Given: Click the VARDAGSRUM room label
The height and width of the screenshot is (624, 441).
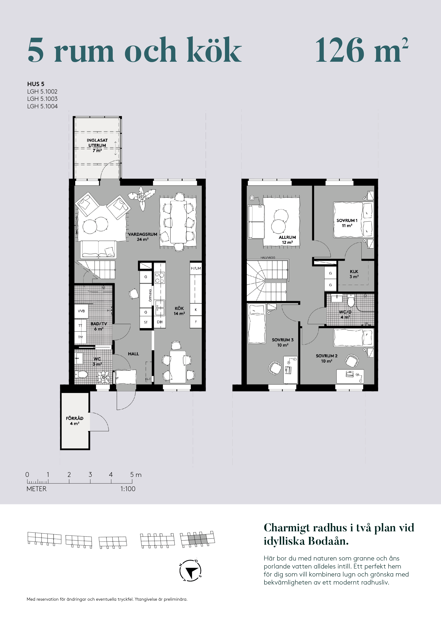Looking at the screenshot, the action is (143, 234).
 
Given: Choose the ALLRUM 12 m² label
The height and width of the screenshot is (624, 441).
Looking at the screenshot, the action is (287, 240).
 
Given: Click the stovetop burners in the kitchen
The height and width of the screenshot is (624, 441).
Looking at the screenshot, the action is (160, 278).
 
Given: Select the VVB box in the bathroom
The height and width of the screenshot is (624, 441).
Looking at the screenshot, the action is (81, 311).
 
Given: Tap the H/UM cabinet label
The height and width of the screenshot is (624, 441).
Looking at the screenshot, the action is (196, 268).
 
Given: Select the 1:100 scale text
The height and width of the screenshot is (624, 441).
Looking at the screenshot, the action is (128, 489).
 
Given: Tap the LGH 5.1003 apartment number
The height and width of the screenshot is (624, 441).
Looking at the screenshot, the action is (42, 99).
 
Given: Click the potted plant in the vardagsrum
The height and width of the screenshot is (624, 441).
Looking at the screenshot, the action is (142, 197).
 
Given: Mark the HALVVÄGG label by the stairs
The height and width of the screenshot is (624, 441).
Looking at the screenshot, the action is (268, 257).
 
